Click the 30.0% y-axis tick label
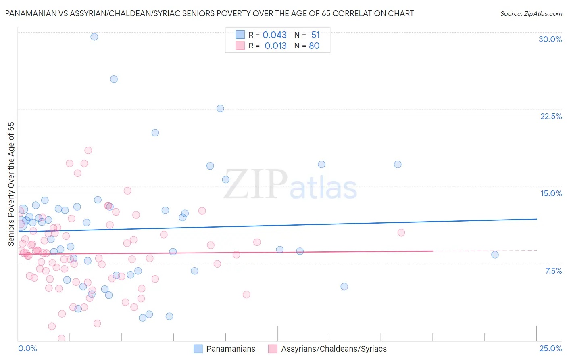pos(550,39)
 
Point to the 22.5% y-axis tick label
pos(551,116)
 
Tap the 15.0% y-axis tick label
pos(551,193)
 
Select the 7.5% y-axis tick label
pos(553,271)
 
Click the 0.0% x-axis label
pos(27,348)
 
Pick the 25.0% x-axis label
pos(550,348)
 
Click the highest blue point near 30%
pos(94,37)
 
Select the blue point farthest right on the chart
pos(495,255)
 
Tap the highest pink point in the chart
pos(88,150)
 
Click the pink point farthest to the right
pos(401,232)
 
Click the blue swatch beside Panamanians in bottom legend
pos(198,349)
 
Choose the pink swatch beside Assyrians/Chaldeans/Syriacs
pos(273,349)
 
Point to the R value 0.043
pos(275,35)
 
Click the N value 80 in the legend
pos(314,46)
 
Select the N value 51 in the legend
pos(315,35)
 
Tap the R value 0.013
pos(275,46)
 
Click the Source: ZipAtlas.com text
pos(531,13)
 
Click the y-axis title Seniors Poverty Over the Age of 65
pos(11,184)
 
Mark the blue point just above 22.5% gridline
pos(220,108)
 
